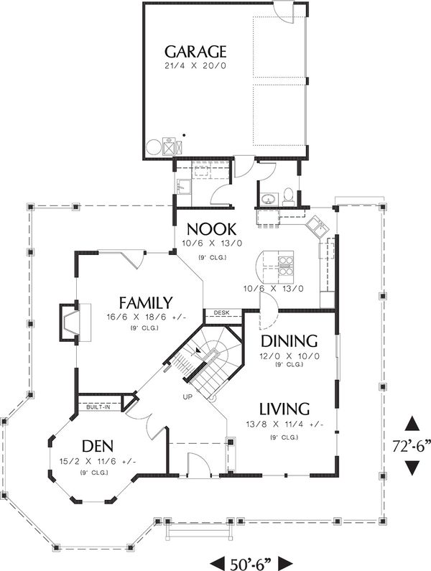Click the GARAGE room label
[195, 52]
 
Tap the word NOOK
[211, 229]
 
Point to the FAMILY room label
[145, 302]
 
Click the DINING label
[289, 340]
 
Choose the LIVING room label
[284, 409]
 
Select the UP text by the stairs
[187, 396]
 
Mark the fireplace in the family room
[73, 321]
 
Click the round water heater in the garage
[154, 147]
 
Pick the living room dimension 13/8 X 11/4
[284, 424]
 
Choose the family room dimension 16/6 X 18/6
[145, 317]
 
